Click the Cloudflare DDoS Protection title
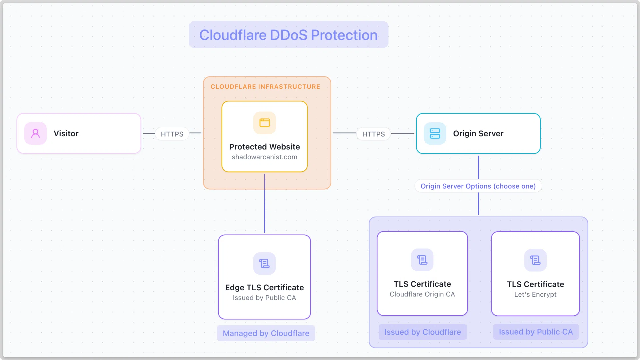click(x=288, y=35)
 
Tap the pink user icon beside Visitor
click(x=35, y=133)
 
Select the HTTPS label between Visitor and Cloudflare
click(x=172, y=134)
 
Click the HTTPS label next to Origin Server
click(x=374, y=134)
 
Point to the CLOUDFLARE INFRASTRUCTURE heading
click(x=265, y=87)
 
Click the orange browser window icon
click(x=265, y=123)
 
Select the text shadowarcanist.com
click(x=265, y=157)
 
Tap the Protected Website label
click(x=265, y=147)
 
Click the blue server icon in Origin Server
click(x=435, y=133)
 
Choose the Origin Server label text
click(x=478, y=134)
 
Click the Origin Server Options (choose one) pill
click(x=478, y=186)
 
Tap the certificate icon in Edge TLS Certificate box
click(x=265, y=263)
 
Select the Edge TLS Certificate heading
click(x=265, y=287)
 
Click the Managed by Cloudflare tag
click(x=266, y=333)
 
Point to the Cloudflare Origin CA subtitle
click(x=422, y=294)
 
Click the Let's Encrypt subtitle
click(x=535, y=295)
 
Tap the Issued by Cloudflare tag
click(x=423, y=332)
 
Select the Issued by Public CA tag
click(x=536, y=332)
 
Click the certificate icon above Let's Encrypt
click(x=535, y=260)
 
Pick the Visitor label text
click(x=66, y=134)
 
